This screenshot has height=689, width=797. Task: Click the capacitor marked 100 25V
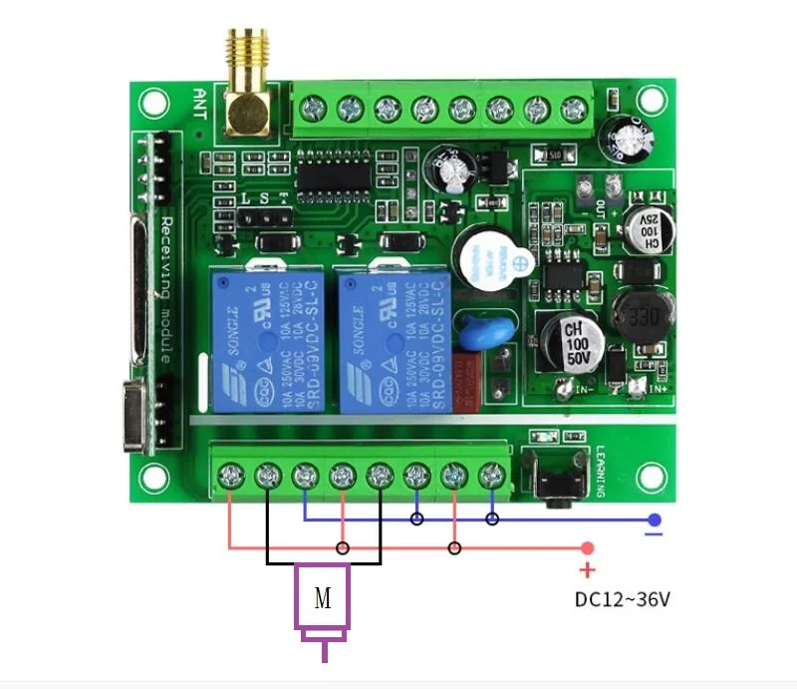[x=650, y=227]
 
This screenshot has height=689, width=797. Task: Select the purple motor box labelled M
[x=322, y=597]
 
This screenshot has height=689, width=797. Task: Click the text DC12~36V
[x=623, y=600]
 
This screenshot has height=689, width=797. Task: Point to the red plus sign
[x=588, y=570]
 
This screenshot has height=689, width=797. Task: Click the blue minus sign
[x=654, y=535]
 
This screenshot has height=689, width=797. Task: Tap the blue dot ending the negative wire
[x=654, y=519]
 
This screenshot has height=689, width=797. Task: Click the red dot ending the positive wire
[x=588, y=547]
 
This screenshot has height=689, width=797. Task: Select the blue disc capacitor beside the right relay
[x=470, y=330]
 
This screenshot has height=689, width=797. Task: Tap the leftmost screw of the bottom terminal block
[x=231, y=475]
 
